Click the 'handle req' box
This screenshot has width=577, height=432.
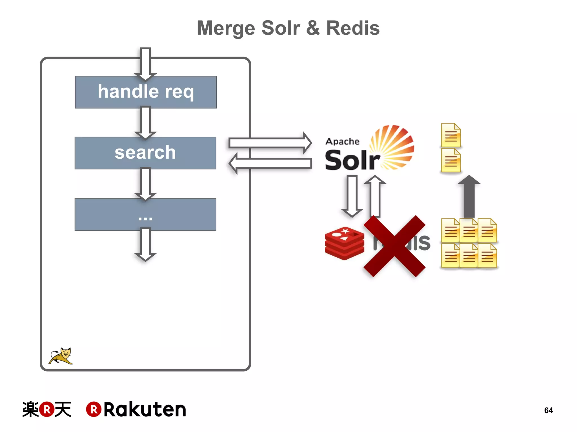146,92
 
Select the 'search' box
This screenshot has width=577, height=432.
145,153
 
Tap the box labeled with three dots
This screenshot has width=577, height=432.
145,214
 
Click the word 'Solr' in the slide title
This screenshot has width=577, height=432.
281,28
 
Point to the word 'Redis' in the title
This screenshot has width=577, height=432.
353,28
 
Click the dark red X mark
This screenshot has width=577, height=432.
394,246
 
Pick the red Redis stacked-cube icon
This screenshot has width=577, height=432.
344,243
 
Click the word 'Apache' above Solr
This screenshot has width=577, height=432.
342,141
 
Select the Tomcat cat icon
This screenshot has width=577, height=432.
61,356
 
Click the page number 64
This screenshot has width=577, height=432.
548,410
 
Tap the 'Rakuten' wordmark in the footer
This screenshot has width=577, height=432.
145,409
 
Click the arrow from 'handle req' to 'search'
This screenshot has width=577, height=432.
145,122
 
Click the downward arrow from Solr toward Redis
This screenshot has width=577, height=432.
352,195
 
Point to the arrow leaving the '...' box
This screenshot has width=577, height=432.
145,244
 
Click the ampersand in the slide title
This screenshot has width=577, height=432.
313,28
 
